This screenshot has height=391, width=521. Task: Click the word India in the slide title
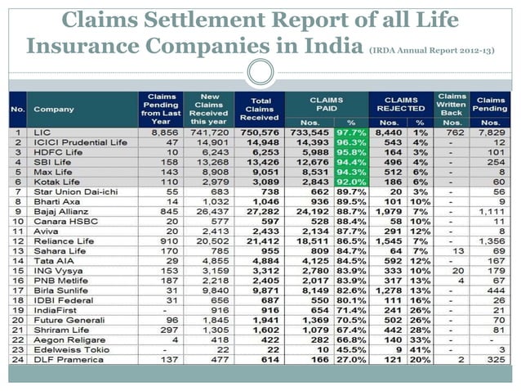[x=320, y=43]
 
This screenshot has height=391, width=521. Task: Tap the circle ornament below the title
[x=260, y=71]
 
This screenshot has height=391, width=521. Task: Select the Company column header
[x=54, y=107]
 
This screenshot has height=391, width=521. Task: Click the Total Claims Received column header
[x=259, y=107]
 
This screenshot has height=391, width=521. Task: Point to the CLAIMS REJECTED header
[x=401, y=102]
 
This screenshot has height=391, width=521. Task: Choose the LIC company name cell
[x=42, y=131]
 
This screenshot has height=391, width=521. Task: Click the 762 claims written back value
[x=452, y=131]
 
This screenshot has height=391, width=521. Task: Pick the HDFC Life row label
[x=56, y=151]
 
